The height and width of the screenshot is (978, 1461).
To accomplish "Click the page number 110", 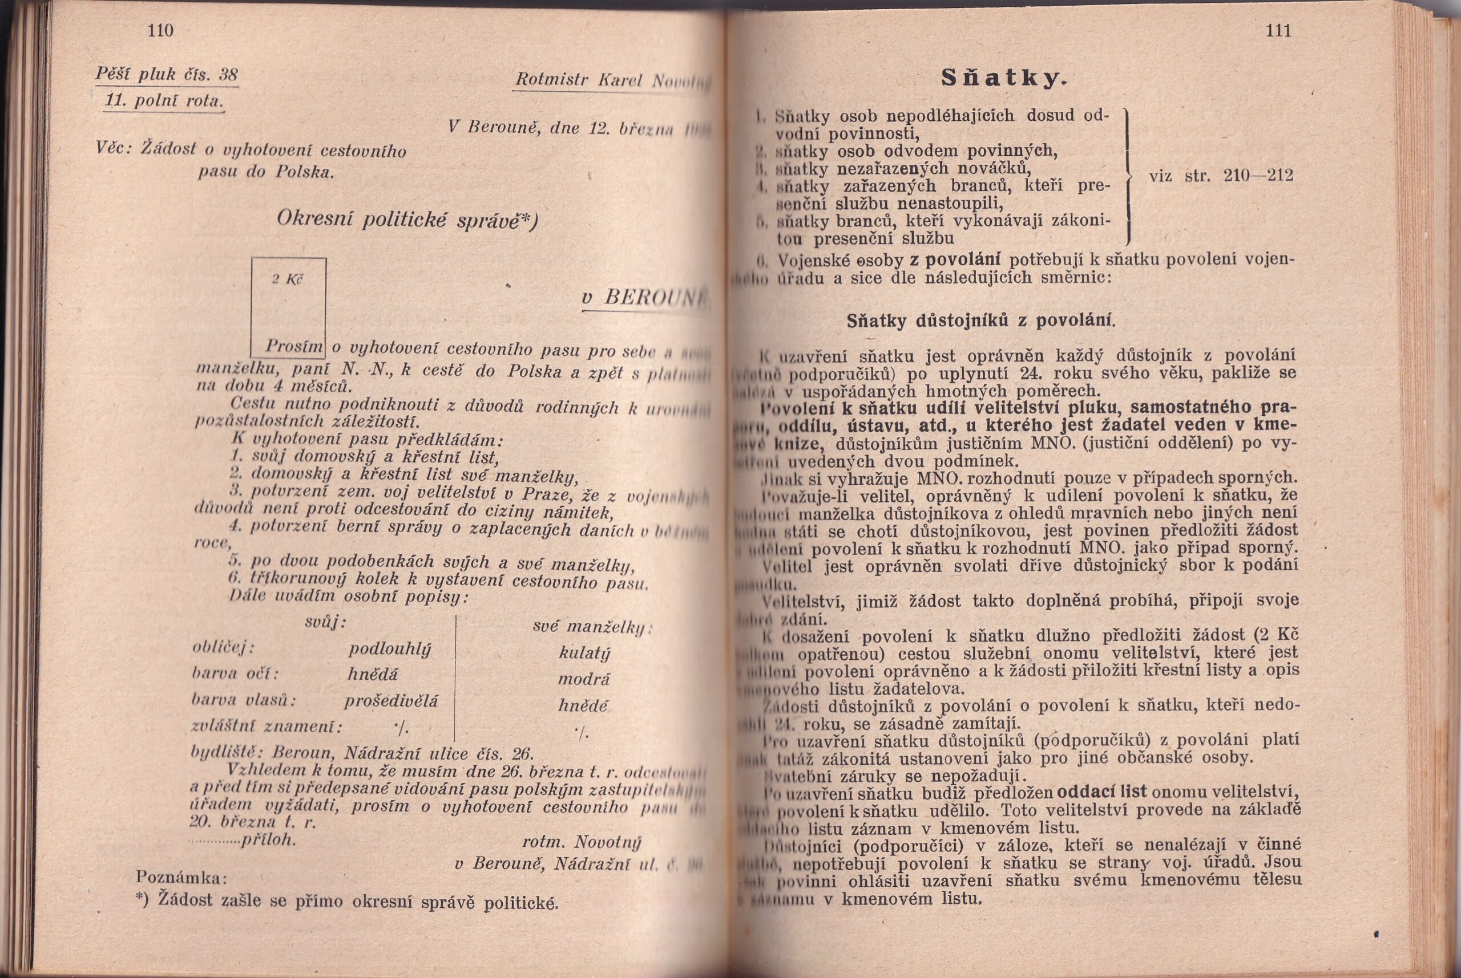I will (x=160, y=30).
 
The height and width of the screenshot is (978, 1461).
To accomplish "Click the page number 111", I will (x=1278, y=30).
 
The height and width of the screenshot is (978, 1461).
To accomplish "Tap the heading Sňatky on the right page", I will (x=1002, y=78).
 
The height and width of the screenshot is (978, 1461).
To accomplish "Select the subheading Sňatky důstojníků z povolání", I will (x=980, y=321).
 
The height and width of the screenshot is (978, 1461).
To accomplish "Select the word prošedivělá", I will (x=391, y=701).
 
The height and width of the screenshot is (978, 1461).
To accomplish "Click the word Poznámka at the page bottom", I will (x=181, y=878).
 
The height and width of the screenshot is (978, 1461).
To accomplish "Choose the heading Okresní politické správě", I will (x=406, y=220).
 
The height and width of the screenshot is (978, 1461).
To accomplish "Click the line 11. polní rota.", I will (x=164, y=100).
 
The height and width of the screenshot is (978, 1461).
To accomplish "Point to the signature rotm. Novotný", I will (x=581, y=842).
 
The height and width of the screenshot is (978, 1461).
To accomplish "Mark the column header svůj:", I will (x=325, y=623).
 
